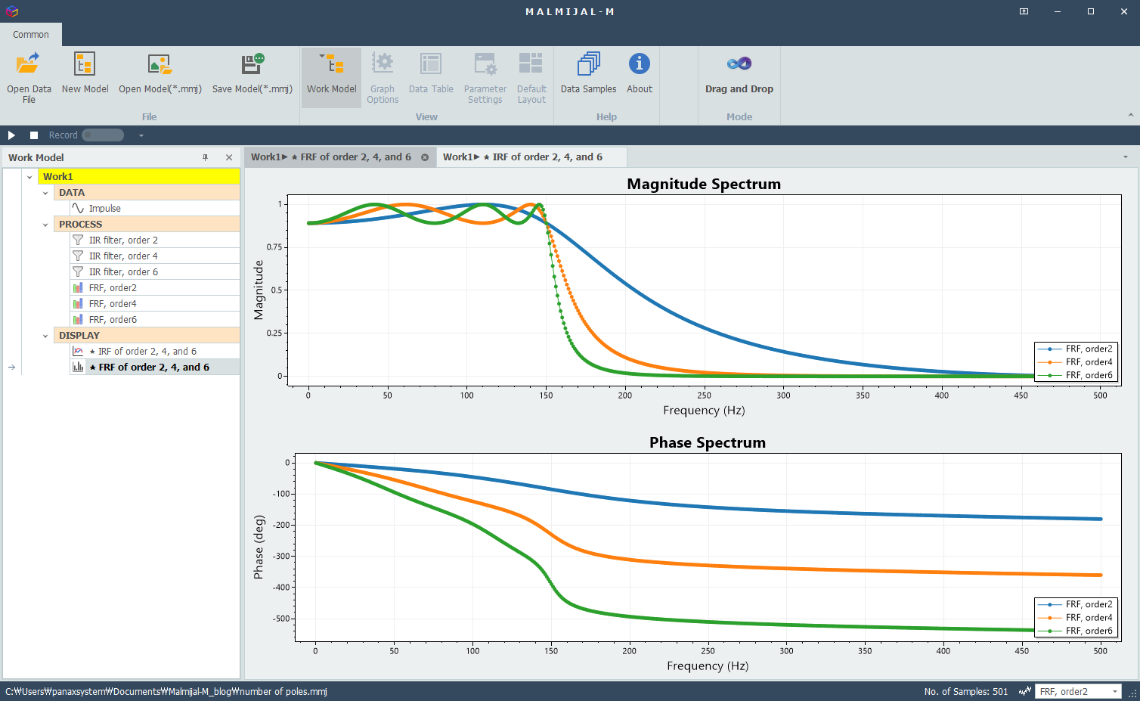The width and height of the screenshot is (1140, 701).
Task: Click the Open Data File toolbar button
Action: click(x=29, y=77)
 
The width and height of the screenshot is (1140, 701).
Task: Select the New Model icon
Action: click(x=85, y=64)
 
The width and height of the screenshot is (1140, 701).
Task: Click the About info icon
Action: click(x=640, y=64)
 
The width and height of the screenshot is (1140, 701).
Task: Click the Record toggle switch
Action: click(x=103, y=135)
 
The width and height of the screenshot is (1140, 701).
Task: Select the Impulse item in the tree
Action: click(x=105, y=208)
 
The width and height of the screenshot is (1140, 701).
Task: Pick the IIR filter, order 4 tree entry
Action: click(x=123, y=256)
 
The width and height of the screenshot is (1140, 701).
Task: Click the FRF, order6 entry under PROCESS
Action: click(x=113, y=320)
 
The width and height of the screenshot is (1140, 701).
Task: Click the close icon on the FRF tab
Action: click(x=424, y=157)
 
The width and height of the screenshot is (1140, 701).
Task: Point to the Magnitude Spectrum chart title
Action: click(x=704, y=184)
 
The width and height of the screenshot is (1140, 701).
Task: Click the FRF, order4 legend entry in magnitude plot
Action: click(x=1076, y=362)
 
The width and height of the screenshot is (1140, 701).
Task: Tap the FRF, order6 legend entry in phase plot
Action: click(x=1076, y=631)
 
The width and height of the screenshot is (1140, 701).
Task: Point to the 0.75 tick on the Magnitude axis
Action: click(x=274, y=247)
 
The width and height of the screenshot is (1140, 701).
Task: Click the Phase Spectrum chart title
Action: click(x=708, y=442)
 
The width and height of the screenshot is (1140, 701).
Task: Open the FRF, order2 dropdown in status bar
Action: click(x=1078, y=691)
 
